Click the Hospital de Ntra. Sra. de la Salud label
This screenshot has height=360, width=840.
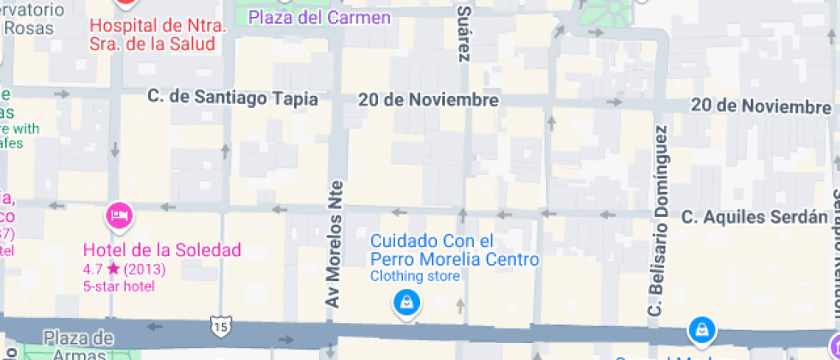coord(159,35)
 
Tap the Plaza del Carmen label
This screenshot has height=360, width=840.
coord(307,17)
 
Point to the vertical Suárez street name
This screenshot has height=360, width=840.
coord(464,33)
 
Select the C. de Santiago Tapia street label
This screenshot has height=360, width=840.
coord(232,99)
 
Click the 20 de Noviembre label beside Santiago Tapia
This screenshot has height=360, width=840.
coord(429,100)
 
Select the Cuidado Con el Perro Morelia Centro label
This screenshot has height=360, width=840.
coord(454,250)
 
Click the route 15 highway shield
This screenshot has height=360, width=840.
coord(219,326)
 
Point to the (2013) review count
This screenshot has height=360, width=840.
coord(144,270)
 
